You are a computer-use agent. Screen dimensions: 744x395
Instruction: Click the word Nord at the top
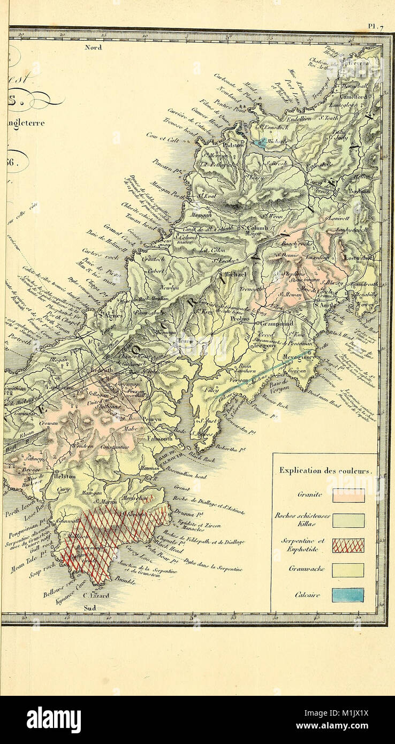(93, 47)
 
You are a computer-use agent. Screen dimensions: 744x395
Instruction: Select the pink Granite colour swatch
(348, 495)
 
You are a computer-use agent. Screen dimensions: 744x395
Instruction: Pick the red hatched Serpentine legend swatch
(348, 545)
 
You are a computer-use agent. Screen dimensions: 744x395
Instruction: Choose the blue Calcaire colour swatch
(348, 595)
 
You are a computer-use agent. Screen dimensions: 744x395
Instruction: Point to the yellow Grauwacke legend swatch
(348, 570)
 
